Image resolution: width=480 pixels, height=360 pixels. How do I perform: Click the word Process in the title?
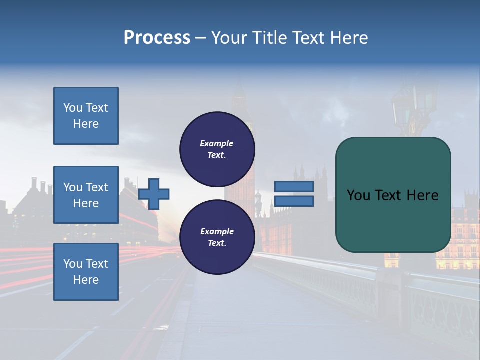click(x=157, y=38)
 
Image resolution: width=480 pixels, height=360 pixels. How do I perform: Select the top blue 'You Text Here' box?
click(x=86, y=116)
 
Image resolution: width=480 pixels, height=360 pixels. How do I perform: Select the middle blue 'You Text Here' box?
click(x=86, y=195)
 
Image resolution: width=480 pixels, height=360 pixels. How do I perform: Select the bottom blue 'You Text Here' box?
click(x=86, y=272)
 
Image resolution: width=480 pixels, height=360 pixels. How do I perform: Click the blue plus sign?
click(x=154, y=194)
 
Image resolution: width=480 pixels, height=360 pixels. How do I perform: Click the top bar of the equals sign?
click(x=294, y=187)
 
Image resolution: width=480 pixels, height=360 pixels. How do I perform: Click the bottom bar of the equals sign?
click(x=294, y=201)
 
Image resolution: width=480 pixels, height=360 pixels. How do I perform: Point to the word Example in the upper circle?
click(x=217, y=143)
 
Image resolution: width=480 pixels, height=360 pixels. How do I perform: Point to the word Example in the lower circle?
click(x=217, y=231)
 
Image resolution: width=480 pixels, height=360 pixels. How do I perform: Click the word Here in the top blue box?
click(x=86, y=124)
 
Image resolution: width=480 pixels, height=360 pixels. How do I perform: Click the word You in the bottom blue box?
click(x=73, y=264)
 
